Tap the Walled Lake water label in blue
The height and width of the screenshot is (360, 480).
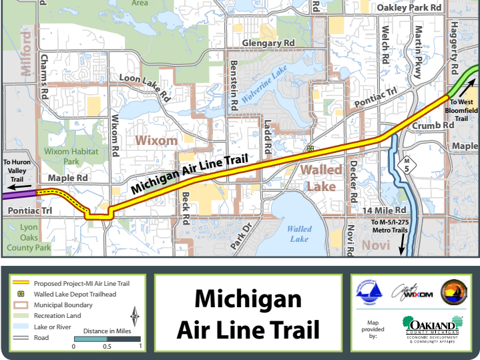[299, 234]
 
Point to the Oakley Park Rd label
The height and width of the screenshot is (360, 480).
[410, 7]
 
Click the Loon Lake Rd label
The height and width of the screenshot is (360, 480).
[144, 87]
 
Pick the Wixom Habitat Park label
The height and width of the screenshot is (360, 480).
[66, 156]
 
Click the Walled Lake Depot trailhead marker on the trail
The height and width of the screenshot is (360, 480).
[310, 148]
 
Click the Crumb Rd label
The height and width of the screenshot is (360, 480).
[433, 126]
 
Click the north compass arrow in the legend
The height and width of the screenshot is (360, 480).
[135, 314]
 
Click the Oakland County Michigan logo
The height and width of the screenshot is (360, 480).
[432, 329]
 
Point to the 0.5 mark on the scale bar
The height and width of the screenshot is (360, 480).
[107, 339]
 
